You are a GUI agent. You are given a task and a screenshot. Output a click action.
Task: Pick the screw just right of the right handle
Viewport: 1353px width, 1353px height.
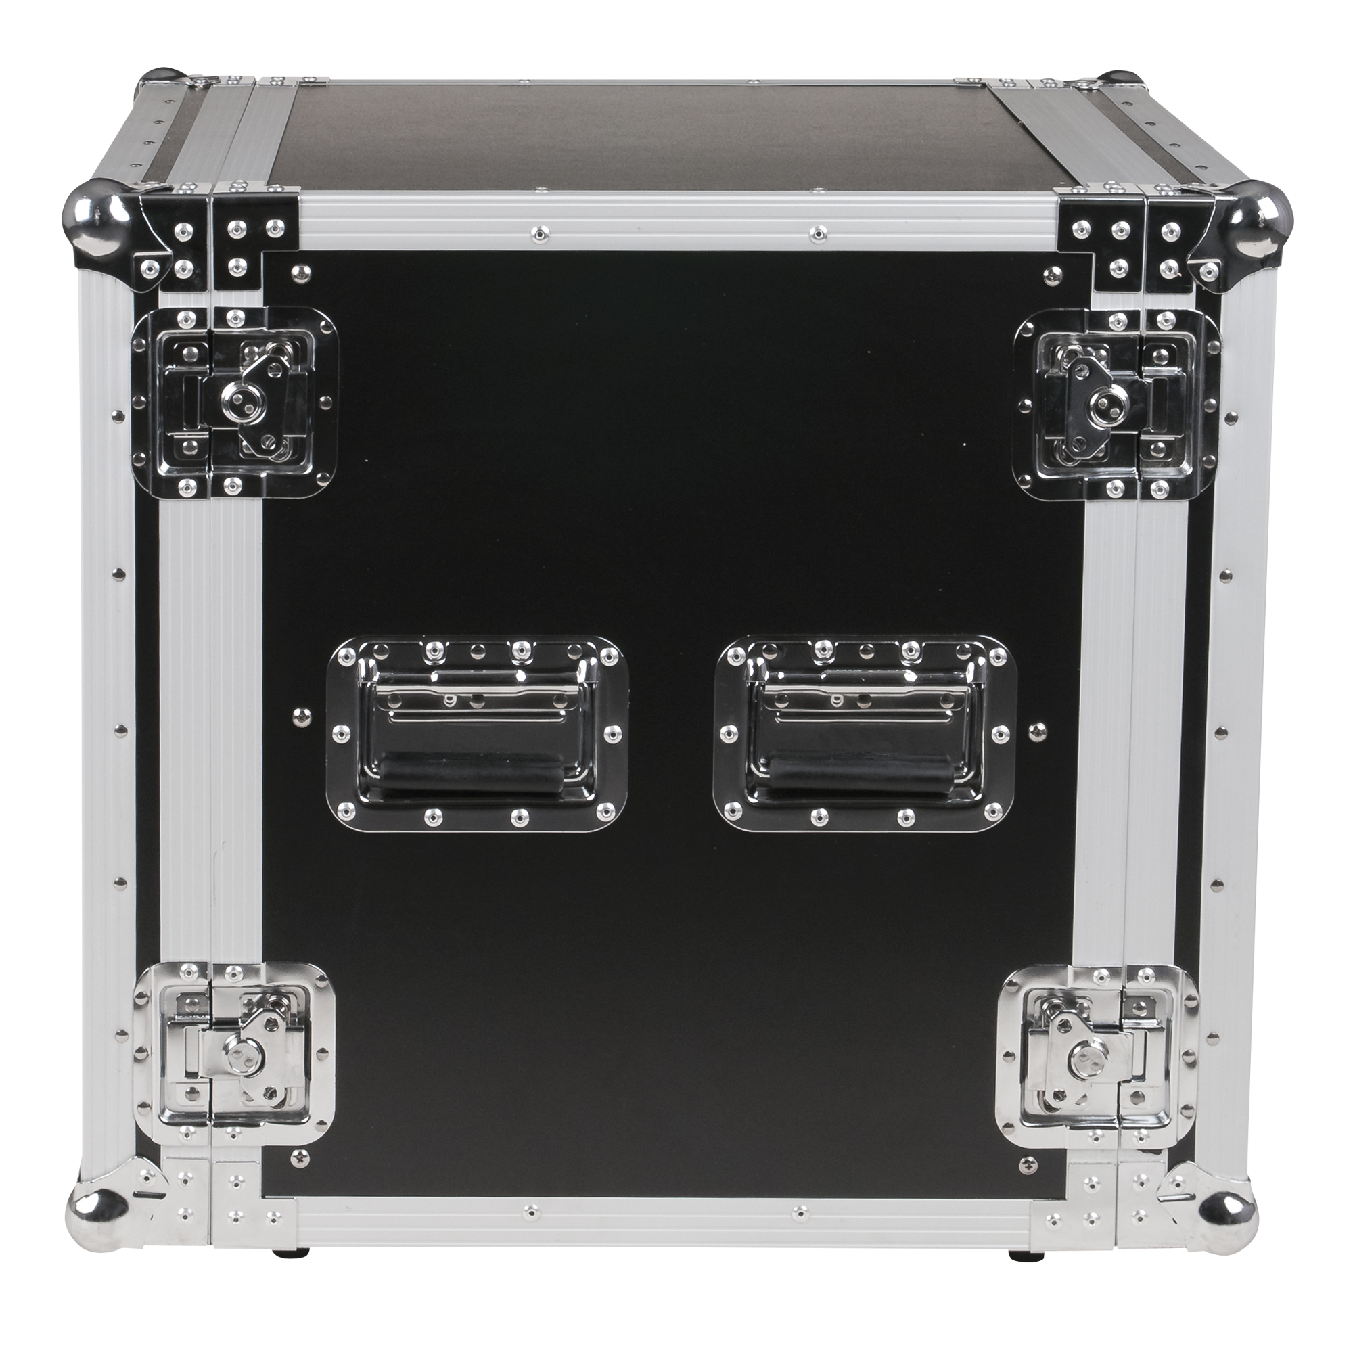(1035, 730)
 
